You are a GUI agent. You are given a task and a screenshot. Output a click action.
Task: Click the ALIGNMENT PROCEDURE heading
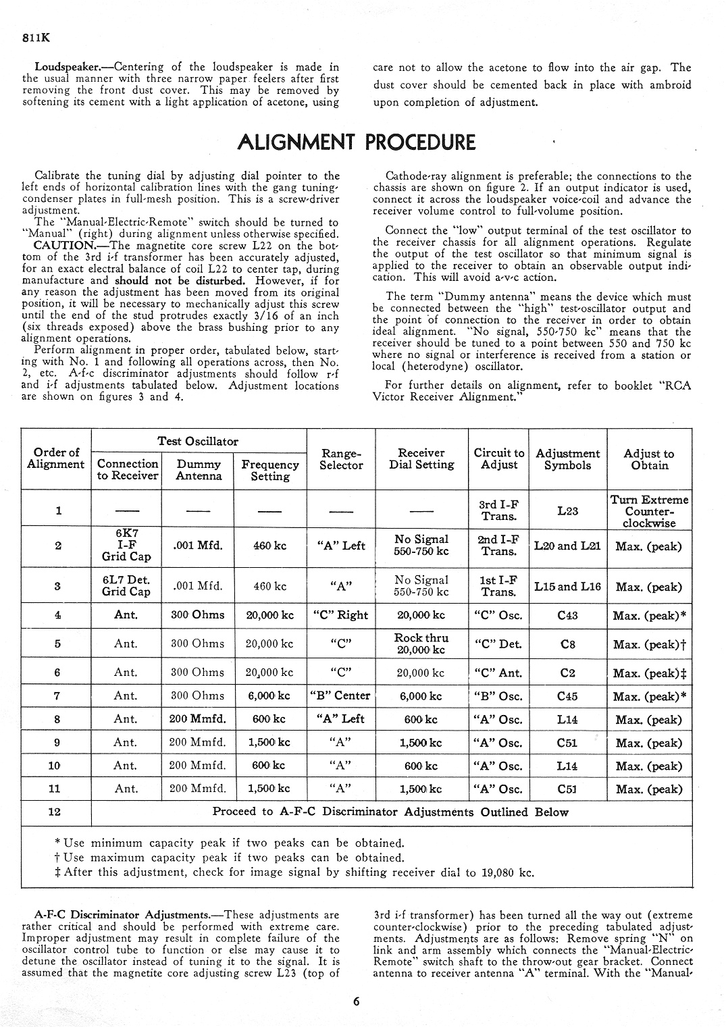tap(357, 142)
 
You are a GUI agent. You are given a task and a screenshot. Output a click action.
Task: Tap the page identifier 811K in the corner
tap(35, 38)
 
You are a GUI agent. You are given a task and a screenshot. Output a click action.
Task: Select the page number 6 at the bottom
tap(356, 1002)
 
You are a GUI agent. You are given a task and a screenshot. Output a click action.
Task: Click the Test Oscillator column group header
tap(198, 442)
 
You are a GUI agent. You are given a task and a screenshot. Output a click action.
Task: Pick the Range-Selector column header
tap(341, 459)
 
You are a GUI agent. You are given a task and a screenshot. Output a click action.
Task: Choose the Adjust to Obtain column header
tap(649, 459)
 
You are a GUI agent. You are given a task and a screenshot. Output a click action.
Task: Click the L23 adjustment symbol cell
tap(567, 510)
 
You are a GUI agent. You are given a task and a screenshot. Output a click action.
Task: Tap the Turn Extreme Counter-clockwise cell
tap(649, 511)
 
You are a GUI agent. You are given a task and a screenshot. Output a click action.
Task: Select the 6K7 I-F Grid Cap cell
tap(126, 545)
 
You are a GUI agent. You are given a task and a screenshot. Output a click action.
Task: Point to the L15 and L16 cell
tap(567, 587)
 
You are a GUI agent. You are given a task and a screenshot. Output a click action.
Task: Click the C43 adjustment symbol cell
tap(567, 615)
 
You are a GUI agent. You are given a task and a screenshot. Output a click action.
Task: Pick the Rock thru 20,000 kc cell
tap(421, 643)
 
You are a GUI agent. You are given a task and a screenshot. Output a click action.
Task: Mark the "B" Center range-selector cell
tap(341, 695)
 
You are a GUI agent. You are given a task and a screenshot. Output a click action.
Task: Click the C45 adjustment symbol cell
tap(567, 695)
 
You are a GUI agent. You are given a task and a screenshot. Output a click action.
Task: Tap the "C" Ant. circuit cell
tap(499, 673)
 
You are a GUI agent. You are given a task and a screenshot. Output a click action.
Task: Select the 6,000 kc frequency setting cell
tap(269, 695)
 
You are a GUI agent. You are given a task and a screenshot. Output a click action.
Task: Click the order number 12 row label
tap(55, 812)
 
